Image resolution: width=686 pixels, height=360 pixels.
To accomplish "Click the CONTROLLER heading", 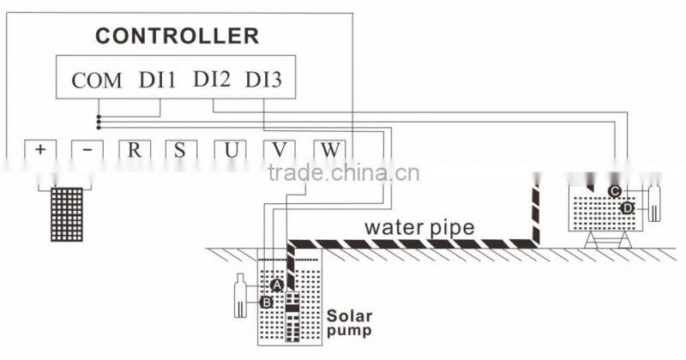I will (x=177, y=36).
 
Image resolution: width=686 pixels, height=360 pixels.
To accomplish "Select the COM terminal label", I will (x=96, y=81).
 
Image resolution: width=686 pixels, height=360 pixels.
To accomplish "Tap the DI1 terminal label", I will (x=157, y=81).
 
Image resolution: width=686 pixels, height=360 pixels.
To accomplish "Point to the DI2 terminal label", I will (x=212, y=81).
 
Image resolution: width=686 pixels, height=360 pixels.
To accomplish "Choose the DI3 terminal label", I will (x=264, y=81).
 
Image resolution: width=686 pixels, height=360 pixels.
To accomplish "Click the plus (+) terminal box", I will (x=39, y=149).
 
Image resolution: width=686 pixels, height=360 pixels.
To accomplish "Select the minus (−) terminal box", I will (x=87, y=149).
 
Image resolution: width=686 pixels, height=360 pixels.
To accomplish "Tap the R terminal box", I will (x=135, y=149).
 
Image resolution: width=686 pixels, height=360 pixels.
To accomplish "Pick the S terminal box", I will (x=181, y=149).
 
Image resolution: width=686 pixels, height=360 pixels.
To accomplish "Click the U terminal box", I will (x=230, y=149).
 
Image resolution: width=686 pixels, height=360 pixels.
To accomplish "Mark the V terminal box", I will (x=279, y=149).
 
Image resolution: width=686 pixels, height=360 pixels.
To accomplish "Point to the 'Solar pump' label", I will (x=349, y=321).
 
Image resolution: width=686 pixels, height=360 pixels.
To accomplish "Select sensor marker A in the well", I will (x=276, y=284).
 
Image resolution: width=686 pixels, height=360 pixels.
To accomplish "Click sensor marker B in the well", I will (x=266, y=302).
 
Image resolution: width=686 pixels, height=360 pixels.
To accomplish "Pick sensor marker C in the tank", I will (x=615, y=190).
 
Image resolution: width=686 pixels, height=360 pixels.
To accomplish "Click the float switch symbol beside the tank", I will (x=657, y=201).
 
